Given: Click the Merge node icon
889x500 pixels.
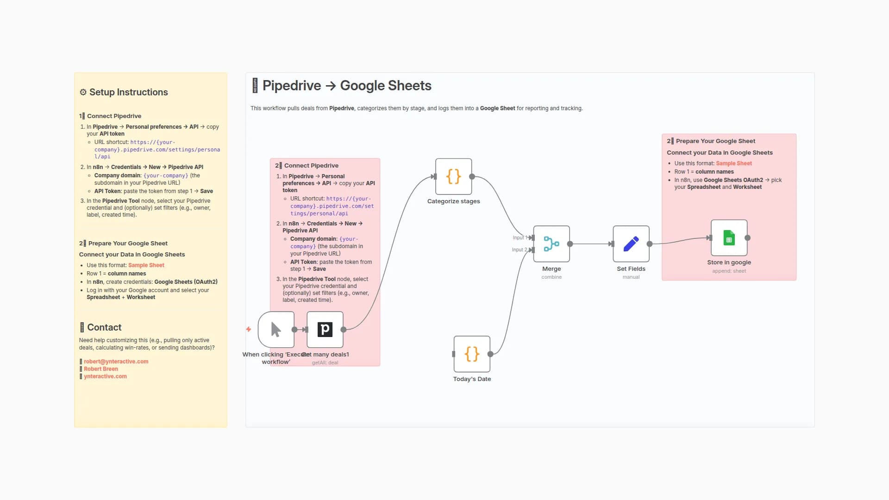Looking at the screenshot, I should click(551, 244).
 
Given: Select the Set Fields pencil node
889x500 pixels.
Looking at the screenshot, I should click(631, 244).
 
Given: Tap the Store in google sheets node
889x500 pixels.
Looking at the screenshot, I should click(729, 238).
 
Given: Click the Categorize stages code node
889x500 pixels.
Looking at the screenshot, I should click(453, 176).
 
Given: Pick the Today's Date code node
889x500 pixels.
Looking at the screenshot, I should click(472, 354).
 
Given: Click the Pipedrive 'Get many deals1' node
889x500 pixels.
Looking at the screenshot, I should click(325, 330).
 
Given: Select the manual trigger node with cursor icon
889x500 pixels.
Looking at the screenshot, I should click(276, 330).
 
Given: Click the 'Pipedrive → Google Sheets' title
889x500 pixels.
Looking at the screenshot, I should click(346, 86).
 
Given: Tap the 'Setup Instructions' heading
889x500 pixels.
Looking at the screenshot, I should click(128, 92).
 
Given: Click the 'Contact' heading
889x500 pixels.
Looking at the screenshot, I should click(104, 327).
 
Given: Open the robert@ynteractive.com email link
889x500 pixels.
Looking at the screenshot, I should click(116, 362).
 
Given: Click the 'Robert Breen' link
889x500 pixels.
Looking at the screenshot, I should click(101, 369).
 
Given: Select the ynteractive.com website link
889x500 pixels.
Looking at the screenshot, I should click(105, 376).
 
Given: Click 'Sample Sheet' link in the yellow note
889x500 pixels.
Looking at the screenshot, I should click(146, 265).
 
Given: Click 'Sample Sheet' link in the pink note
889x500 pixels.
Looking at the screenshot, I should click(734, 163).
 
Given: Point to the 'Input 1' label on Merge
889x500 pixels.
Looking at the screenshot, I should click(519, 238).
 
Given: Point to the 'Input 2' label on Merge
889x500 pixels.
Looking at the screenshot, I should click(518, 250).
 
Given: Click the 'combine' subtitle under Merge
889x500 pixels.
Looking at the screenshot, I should click(551, 277).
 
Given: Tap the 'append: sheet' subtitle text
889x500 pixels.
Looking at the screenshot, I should click(729, 271).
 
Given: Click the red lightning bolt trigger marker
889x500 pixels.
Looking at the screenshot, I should click(249, 329).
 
